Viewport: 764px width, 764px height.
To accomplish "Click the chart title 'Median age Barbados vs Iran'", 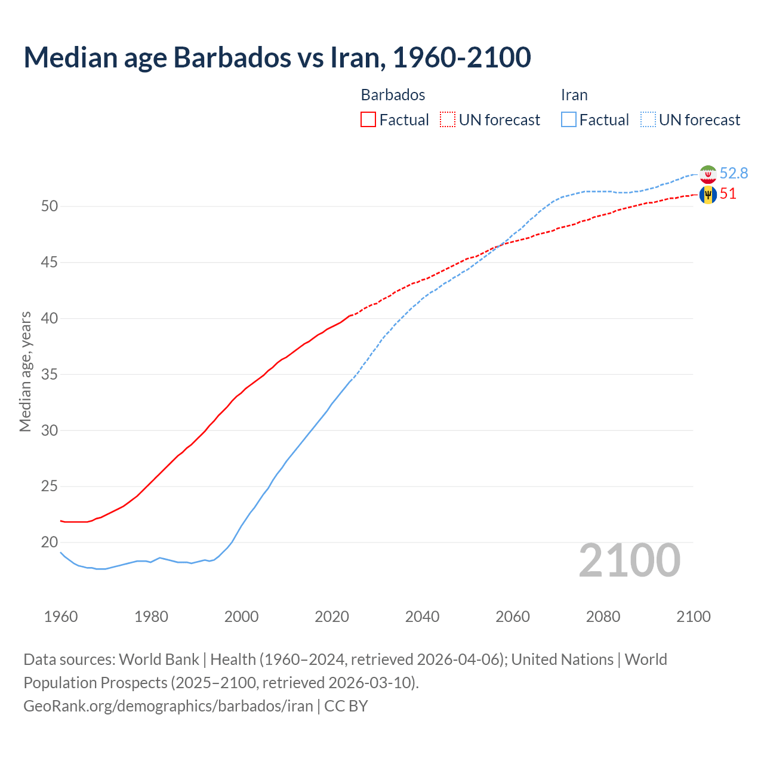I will click(277, 57).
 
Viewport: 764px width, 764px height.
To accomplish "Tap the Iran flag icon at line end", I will click(708, 174).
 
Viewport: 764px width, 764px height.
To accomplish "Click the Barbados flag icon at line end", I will click(708, 195).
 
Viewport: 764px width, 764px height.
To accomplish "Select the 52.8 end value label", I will click(734, 173).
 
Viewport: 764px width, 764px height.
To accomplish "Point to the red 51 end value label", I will click(728, 194).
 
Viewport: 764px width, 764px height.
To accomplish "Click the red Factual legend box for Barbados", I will click(368, 120).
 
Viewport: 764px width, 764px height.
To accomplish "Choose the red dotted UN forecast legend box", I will click(448, 120).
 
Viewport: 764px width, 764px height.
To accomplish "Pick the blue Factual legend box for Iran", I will click(569, 120).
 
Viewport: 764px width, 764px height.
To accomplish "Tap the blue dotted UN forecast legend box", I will click(648, 120).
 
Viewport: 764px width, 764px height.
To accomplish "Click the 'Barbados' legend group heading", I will click(393, 95).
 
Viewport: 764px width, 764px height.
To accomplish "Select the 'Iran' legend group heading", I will click(574, 95).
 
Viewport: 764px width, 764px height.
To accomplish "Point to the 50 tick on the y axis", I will click(50, 207).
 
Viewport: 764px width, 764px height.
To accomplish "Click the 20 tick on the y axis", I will click(50, 543).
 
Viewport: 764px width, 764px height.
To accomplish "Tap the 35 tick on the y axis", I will click(50, 375).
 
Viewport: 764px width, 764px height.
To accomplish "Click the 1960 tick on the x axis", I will click(61, 617).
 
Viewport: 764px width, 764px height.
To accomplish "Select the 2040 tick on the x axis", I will click(422, 617).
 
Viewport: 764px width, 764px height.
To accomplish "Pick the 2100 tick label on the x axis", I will click(693, 617).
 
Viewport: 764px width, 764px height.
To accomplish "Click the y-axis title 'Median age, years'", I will click(25, 371).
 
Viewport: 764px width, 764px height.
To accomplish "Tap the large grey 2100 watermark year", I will click(629, 560).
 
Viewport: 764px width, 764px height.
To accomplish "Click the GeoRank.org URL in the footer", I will click(168, 706).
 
